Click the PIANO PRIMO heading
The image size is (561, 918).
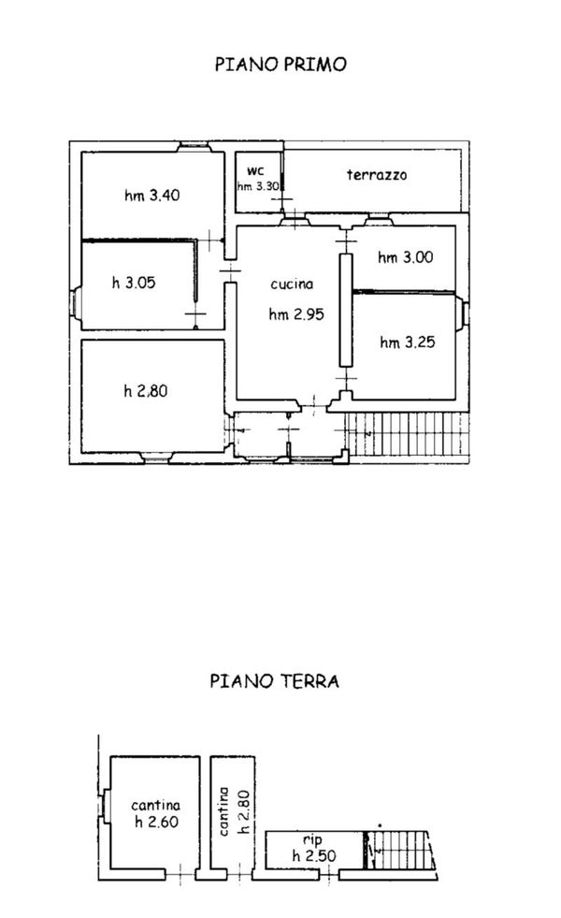tap(280, 65)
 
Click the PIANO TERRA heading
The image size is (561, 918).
tap(274, 681)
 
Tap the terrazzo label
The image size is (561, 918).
tap(376, 175)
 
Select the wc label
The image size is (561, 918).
tap(256, 171)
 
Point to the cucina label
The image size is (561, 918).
tap(292, 284)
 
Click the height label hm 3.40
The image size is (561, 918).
tap(151, 196)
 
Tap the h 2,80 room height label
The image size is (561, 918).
tap(146, 391)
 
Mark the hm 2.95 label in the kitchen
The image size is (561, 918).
tap(296, 315)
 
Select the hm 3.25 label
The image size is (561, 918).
tap(408, 342)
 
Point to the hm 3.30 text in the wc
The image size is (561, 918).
tap(258, 186)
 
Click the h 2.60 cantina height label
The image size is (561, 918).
tap(154, 823)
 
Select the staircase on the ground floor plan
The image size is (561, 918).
tap(400, 850)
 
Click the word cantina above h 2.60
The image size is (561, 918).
tap(154, 805)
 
